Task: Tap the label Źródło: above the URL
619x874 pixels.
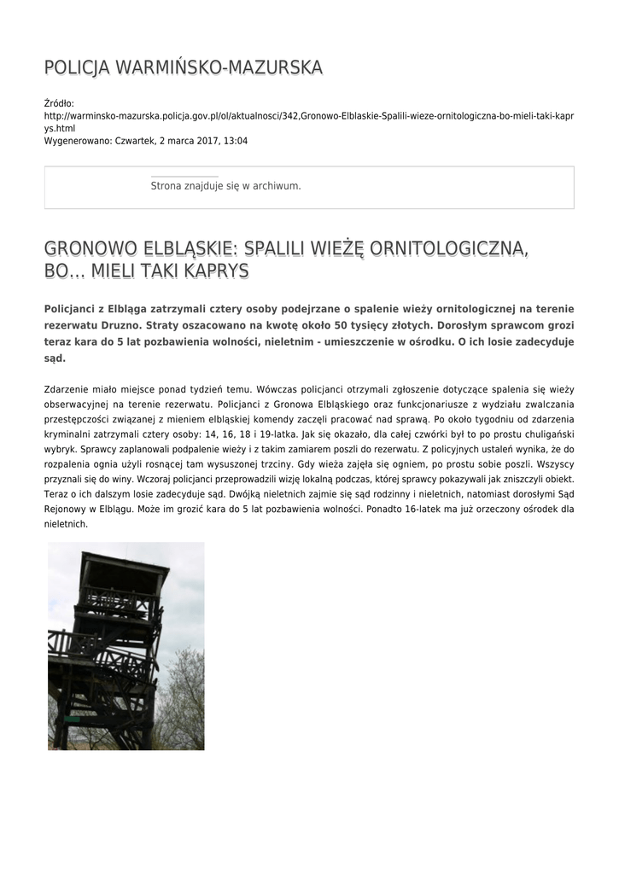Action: click(59, 103)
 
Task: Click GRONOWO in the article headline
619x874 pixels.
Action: click(88, 249)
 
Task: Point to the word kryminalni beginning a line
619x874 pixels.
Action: click(69, 434)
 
